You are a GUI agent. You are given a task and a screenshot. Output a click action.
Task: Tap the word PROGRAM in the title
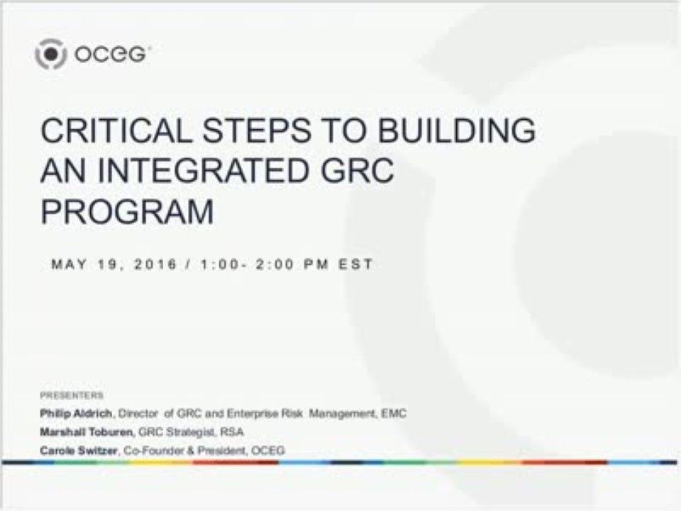[x=127, y=211]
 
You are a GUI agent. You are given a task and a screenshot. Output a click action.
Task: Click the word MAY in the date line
[x=70, y=265]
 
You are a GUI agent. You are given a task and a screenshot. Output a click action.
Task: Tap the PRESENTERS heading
[x=72, y=395]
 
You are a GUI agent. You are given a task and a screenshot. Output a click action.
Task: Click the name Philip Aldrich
[x=77, y=413]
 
